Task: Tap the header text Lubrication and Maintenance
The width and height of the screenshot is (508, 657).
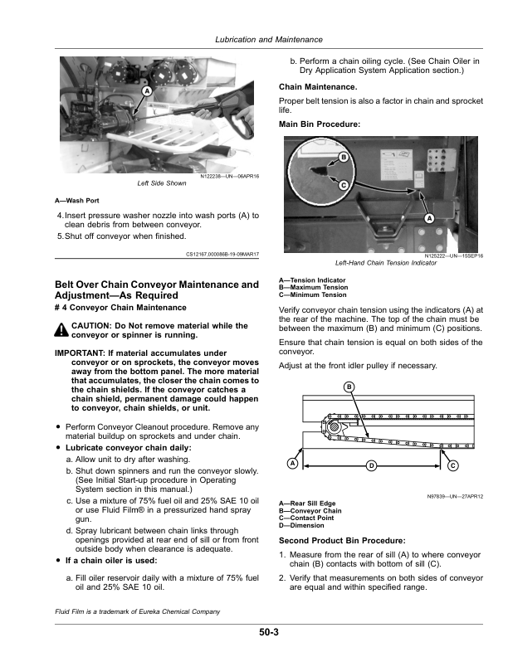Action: [268, 40]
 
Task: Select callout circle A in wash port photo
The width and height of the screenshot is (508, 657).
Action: [146, 90]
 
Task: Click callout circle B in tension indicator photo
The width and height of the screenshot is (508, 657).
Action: [342, 158]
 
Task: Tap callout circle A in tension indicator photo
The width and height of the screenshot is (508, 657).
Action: [429, 218]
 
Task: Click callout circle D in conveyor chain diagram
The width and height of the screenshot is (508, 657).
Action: [371, 465]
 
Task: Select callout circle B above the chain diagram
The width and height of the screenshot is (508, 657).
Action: [349, 388]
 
